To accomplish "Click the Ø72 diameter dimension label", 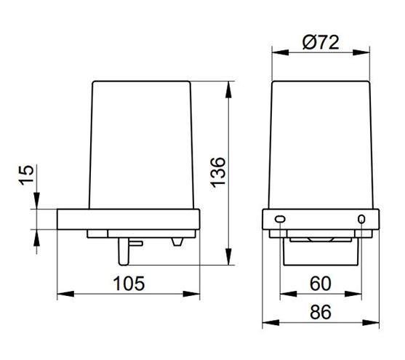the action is coord(321,43).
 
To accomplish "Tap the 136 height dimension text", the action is coord(217,172).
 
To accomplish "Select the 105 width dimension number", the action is coord(129,284).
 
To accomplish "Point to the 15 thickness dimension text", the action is coord(27,175).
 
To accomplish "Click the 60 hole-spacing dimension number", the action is coord(320,284).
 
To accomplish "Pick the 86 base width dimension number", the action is coord(320,312).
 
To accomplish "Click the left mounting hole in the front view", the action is coord(280,219).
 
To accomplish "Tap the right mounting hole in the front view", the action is coord(361,219).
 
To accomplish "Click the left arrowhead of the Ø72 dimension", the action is coord(280,52).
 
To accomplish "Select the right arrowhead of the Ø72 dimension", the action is coord(361,52).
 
